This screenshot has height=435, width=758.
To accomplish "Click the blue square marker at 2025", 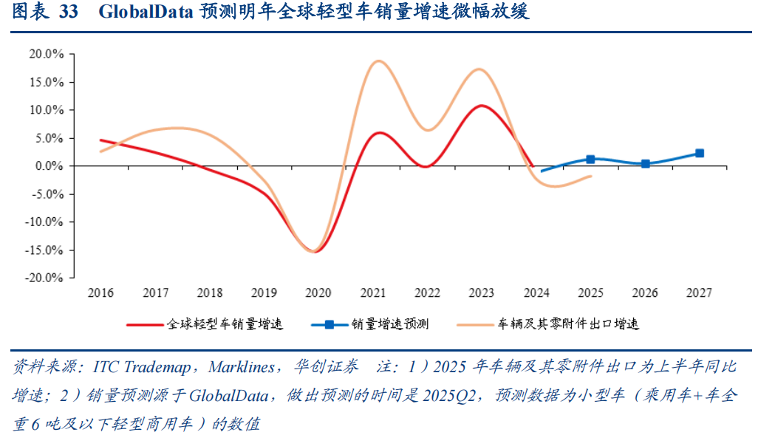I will [591, 159].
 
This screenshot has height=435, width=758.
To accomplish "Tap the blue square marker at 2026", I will [645, 164].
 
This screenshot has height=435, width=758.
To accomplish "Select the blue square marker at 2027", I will [699, 154].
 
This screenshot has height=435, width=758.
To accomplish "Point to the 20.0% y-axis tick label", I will [46, 54].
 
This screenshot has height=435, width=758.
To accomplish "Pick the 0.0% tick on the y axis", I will [50, 166].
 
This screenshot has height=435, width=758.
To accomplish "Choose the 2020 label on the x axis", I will [319, 293].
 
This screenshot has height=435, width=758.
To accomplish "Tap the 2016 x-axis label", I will [101, 293].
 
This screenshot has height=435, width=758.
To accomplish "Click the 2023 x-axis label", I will [482, 293].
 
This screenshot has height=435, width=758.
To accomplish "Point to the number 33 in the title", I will [67, 13].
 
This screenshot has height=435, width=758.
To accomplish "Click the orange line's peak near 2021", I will [378, 61].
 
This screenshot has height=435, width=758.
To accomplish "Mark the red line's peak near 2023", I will [482, 106].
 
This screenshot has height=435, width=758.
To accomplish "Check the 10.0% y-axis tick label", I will [46, 110].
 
